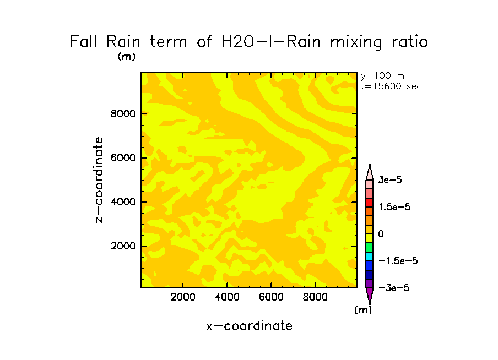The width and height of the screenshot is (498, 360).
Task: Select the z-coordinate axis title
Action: pyautogui.click(x=99, y=180)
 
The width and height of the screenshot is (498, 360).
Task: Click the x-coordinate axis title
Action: pyautogui.click(x=249, y=326)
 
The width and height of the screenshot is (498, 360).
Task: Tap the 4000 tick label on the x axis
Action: pyautogui.click(x=228, y=297)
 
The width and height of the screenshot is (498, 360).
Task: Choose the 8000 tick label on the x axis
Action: pyautogui.click(x=315, y=297)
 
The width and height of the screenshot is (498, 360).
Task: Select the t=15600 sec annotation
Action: pyautogui.click(x=391, y=86)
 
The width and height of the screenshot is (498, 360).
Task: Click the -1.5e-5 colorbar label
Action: pyautogui.click(x=394, y=261)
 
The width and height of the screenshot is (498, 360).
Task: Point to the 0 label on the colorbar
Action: pyautogui.click(x=381, y=234)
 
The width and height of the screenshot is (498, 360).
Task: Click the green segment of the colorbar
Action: pyautogui.click(x=370, y=248)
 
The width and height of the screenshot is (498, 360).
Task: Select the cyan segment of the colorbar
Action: pyautogui.click(x=370, y=257)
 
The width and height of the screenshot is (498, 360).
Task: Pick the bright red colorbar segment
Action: pyautogui.click(x=370, y=203)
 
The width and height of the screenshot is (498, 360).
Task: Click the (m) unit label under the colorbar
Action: pyautogui.click(x=363, y=310)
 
